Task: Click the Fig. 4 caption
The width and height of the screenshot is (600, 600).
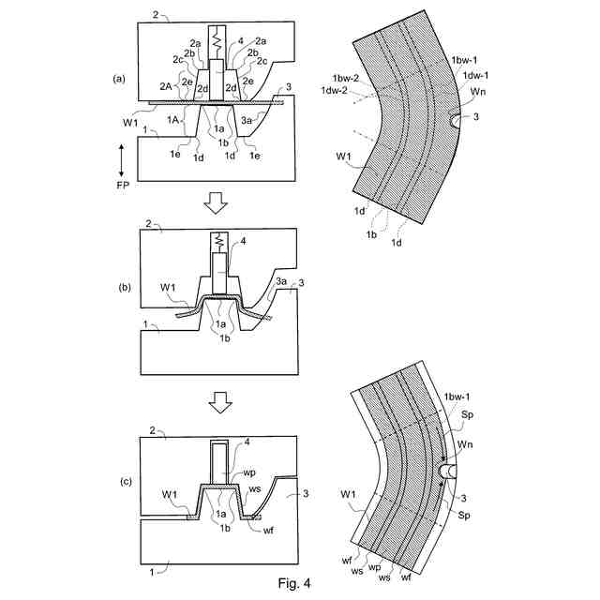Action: pyautogui.click(x=293, y=583)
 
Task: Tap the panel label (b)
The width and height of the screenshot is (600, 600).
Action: pyautogui.click(x=119, y=287)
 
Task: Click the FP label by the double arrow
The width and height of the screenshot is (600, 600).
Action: pyautogui.click(x=123, y=187)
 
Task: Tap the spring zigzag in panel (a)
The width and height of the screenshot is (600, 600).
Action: pyautogui.click(x=217, y=42)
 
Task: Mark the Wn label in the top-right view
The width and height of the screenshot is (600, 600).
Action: pyautogui.click(x=478, y=91)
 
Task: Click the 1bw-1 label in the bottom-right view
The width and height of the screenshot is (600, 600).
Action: pyautogui.click(x=458, y=397)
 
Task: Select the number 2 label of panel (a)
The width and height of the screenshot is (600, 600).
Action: pyautogui.click(x=157, y=16)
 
